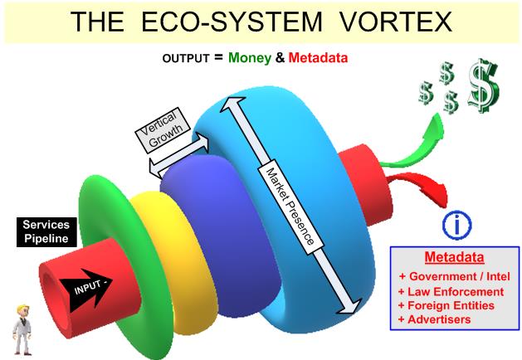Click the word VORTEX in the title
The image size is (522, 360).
[x=396, y=22]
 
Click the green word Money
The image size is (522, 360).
[x=250, y=58]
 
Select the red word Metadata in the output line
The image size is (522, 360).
[x=318, y=58]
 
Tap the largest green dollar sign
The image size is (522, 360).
[x=484, y=85]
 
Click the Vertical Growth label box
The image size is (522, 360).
[x=163, y=130]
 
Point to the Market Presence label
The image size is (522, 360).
[x=290, y=207]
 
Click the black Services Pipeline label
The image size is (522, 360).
[x=46, y=232]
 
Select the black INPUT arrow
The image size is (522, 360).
[x=85, y=289]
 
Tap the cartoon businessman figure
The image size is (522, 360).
[x=22, y=329]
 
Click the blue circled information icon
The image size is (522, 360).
[x=456, y=225]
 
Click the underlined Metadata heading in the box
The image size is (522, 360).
[x=455, y=257]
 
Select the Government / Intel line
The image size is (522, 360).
[x=455, y=276]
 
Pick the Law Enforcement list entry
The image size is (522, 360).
[x=451, y=292]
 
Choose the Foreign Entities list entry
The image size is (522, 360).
[x=446, y=305]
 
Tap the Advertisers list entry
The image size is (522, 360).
[x=434, y=319]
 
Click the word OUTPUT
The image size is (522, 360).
[x=186, y=59]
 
